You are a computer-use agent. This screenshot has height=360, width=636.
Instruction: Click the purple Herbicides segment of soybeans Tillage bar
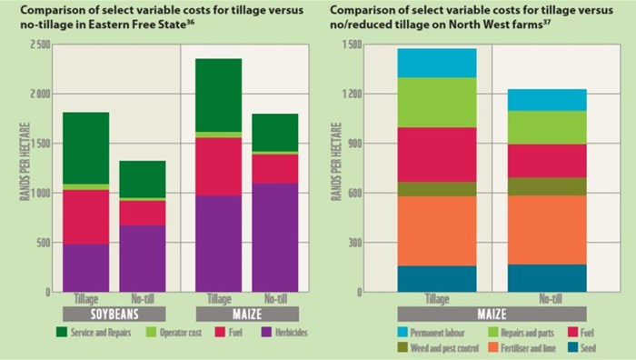pos(85,267)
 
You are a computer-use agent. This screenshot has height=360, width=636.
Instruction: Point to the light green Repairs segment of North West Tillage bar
pos(436,102)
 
